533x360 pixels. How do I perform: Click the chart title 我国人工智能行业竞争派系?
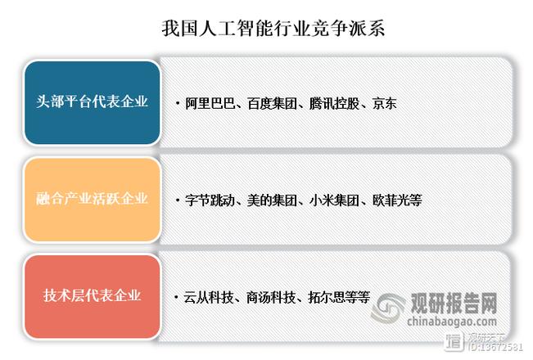coord(266,29)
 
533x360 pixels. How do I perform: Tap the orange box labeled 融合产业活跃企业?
coord(93,199)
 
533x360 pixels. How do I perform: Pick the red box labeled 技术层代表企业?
coord(93,295)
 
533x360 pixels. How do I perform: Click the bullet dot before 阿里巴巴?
coord(178,104)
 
